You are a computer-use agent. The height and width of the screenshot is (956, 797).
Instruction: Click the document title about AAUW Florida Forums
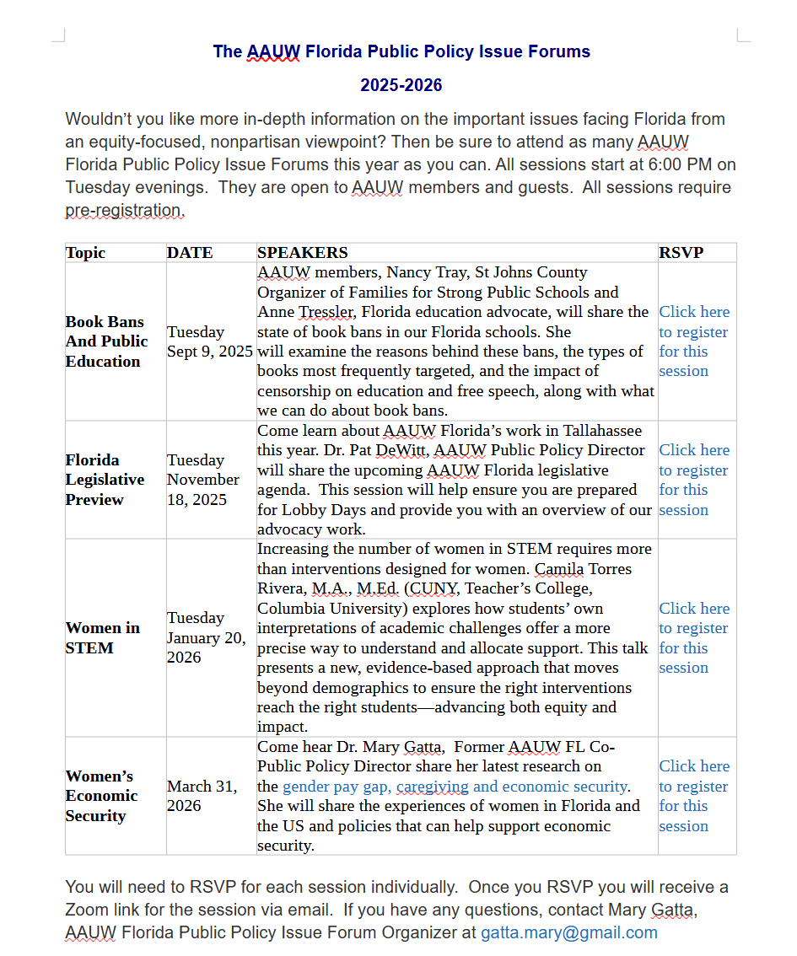pos(401,51)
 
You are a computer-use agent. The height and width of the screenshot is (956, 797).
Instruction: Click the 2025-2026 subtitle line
pos(401,85)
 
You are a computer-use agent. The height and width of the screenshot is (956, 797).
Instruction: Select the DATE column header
pos(190,253)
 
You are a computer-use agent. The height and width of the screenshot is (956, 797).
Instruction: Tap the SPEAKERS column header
pos(302,253)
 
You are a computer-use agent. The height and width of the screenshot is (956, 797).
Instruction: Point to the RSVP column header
pos(681,253)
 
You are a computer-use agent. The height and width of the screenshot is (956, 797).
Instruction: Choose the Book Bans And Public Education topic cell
pos(106,341)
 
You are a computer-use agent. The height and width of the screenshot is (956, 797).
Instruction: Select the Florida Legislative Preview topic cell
pos(105,480)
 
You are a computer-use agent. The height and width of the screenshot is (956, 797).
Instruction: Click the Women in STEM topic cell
pos(103,638)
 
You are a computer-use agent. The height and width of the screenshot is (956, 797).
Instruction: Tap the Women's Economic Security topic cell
pos(101,796)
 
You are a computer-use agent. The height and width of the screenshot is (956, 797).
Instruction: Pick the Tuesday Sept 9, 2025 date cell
pos(209,341)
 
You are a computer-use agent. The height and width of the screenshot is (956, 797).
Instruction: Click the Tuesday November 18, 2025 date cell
pos(203,480)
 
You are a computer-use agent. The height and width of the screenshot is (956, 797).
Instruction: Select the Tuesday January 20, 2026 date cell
pos(206,637)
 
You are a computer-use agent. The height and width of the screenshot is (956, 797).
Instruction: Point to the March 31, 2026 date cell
pos(202,796)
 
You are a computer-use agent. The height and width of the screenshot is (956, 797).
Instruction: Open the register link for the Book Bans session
pos(693,341)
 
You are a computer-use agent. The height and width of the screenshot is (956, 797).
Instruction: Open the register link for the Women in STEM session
pos(693,638)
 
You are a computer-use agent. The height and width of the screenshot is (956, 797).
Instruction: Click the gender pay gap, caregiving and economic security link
pos(455,787)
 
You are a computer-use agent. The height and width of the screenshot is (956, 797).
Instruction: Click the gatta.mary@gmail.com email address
pos(568,933)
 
